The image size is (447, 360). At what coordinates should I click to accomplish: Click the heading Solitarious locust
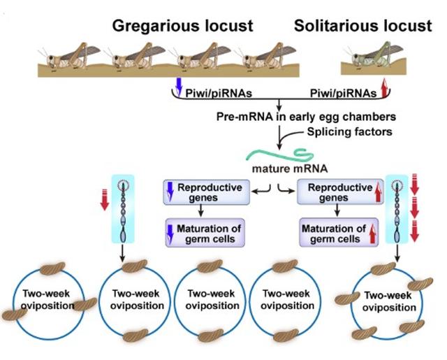click(363, 27)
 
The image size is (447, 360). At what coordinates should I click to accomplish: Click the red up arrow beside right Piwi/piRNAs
click(383, 87)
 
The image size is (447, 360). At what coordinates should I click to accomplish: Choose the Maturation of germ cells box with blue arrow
click(203, 233)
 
